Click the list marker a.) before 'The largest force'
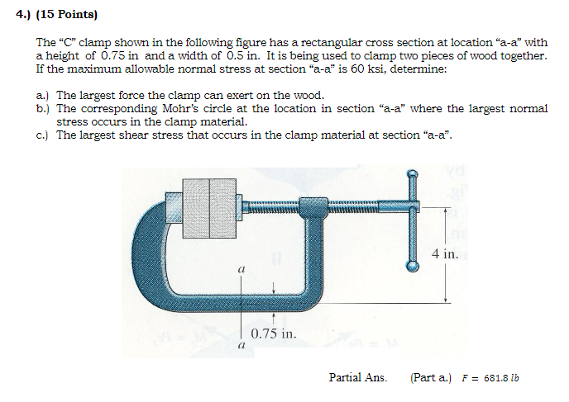click(x=43, y=95)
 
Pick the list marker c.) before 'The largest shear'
click(x=43, y=135)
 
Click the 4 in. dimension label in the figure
click(x=444, y=253)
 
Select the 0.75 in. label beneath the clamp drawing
click(x=273, y=334)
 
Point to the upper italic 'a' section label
click(x=241, y=269)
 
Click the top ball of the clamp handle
click(x=412, y=176)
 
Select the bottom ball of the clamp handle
click(x=411, y=266)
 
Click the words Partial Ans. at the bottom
click(x=357, y=377)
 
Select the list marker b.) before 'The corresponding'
click(x=43, y=108)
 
